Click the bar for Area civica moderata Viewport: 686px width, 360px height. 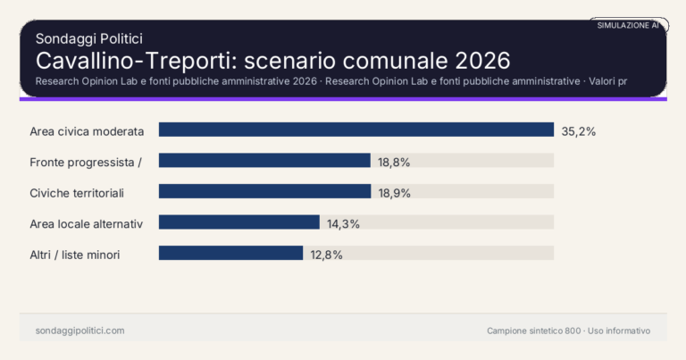click(356, 130)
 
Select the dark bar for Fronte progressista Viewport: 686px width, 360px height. click(264, 161)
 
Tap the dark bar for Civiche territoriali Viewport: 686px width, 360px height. click(264, 191)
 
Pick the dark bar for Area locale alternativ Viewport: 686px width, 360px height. click(238, 222)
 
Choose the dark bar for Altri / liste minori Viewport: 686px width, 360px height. click(230, 253)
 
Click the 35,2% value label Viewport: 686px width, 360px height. click(578, 130)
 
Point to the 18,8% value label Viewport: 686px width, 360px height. click(394, 162)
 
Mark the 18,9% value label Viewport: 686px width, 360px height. click(394, 192)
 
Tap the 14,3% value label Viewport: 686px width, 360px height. click(343, 223)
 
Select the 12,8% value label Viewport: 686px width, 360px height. click(326, 254)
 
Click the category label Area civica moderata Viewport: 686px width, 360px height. click(87, 130)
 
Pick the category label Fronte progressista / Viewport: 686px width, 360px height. click(86, 162)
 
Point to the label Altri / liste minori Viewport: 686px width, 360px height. click(75, 254)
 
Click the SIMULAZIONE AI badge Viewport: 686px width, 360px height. click(628, 25)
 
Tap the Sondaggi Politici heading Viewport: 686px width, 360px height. click(89, 38)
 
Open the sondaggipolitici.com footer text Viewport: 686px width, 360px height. click(79, 331)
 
